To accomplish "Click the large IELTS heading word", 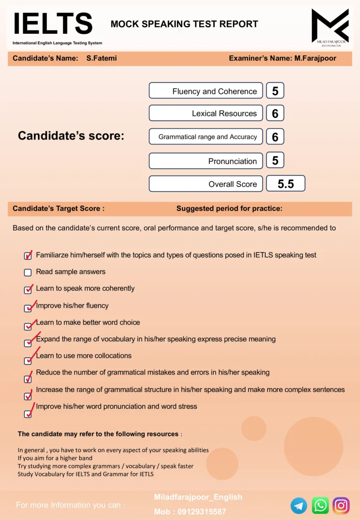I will click(52, 23).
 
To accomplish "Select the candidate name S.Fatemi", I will click(102, 59).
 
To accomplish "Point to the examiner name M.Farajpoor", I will click(315, 59).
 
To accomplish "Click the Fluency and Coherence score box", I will click(275, 91).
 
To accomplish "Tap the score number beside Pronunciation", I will click(275, 161).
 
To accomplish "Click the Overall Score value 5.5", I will click(285, 184).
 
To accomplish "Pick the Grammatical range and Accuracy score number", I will click(275, 136).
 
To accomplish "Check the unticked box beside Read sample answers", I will click(28, 272).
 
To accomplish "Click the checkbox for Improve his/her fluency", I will click(28, 308).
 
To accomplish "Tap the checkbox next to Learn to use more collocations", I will click(28, 361).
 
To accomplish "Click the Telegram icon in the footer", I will click(299, 506).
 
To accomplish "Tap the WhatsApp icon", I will click(321, 506).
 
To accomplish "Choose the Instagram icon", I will click(341, 506).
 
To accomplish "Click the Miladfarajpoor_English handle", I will click(198, 497).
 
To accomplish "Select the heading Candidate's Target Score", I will click(59, 209).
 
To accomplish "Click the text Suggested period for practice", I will click(229, 209).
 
